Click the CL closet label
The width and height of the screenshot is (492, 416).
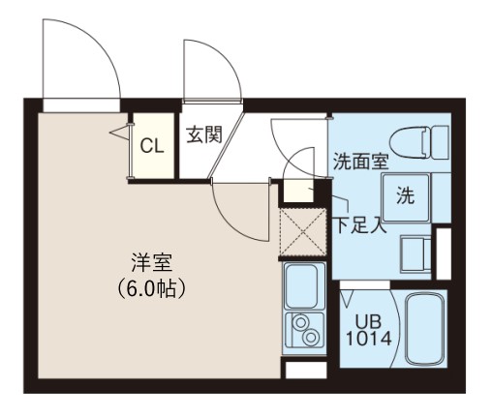(152, 147)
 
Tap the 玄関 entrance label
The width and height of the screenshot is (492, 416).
(204, 134)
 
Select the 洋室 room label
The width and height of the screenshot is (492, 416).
(152, 263)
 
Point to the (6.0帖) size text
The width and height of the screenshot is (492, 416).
(151, 288)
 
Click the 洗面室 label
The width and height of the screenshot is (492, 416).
(360, 161)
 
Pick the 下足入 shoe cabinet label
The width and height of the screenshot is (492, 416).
(360, 224)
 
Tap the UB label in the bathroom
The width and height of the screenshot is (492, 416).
(368, 321)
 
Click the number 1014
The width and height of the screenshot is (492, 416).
(368, 339)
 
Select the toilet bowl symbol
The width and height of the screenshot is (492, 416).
(410, 142)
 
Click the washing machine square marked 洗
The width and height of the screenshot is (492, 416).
(406, 197)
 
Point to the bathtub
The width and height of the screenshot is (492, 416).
(425, 329)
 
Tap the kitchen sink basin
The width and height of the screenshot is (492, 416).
(301, 286)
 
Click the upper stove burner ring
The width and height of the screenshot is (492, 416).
(301, 322)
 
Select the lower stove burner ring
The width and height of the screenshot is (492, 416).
(311, 337)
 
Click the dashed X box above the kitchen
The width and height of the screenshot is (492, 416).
(303, 232)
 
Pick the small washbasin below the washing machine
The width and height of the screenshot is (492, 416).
(415, 253)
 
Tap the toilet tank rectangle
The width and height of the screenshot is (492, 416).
(441, 142)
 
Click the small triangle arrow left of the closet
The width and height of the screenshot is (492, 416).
(120, 133)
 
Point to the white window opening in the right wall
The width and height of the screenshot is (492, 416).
(444, 253)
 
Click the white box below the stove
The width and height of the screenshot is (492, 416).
(306, 370)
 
